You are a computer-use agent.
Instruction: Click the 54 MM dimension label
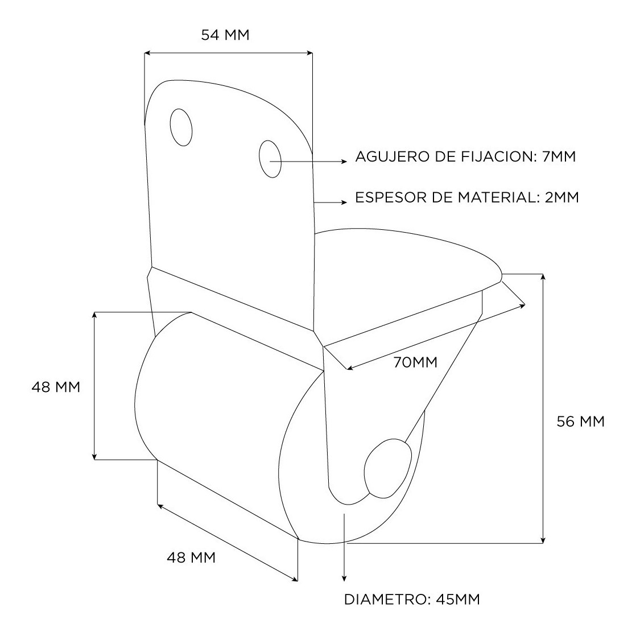(x=225, y=35)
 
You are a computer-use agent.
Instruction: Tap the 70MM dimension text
(x=415, y=362)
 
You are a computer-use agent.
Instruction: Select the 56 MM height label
(x=580, y=422)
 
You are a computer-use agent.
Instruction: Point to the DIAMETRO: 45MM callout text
(x=412, y=599)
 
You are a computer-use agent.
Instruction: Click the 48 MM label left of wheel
(x=56, y=387)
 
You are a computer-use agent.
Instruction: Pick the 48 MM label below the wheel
(x=191, y=557)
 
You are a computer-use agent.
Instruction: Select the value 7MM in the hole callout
(x=559, y=156)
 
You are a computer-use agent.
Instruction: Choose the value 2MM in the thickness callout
(x=562, y=197)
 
